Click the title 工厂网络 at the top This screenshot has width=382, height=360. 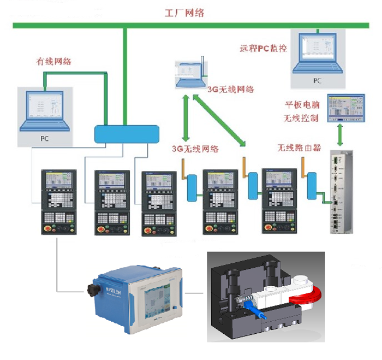coord(184,13)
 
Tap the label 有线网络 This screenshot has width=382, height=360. coord(53,61)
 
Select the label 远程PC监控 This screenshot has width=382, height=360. coord(263,48)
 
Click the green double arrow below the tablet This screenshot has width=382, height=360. coord(341,134)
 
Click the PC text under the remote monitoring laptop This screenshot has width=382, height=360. coord(317,81)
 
